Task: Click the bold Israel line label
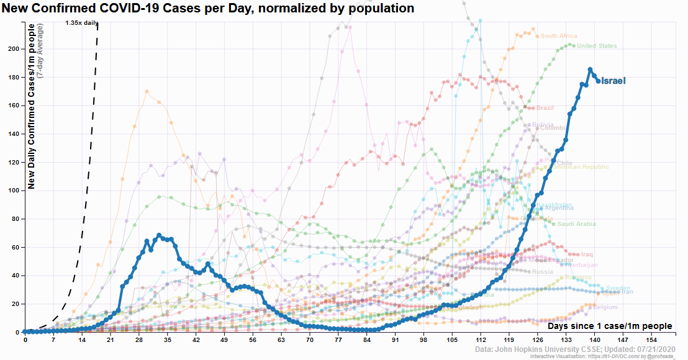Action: (613, 81)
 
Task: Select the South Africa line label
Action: (558, 36)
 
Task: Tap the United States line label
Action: (597, 46)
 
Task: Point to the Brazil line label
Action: (545, 108)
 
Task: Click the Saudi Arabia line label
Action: (576, 224)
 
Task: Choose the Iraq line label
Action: (587, 254)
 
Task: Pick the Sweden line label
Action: (618, 288)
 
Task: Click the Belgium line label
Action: (605, 307)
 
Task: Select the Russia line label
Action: (542, 272)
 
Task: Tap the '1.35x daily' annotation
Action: (82, 23)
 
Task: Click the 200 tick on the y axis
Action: (12, 49)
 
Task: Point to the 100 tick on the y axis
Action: (12, 191)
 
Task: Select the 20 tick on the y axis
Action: (14, 304)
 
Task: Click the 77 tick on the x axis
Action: (338, 341)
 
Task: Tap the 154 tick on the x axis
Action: (651, 341)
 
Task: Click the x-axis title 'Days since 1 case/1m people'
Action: (610, 326)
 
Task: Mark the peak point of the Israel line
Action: (590, 70)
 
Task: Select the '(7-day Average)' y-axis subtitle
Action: (40, 52)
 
